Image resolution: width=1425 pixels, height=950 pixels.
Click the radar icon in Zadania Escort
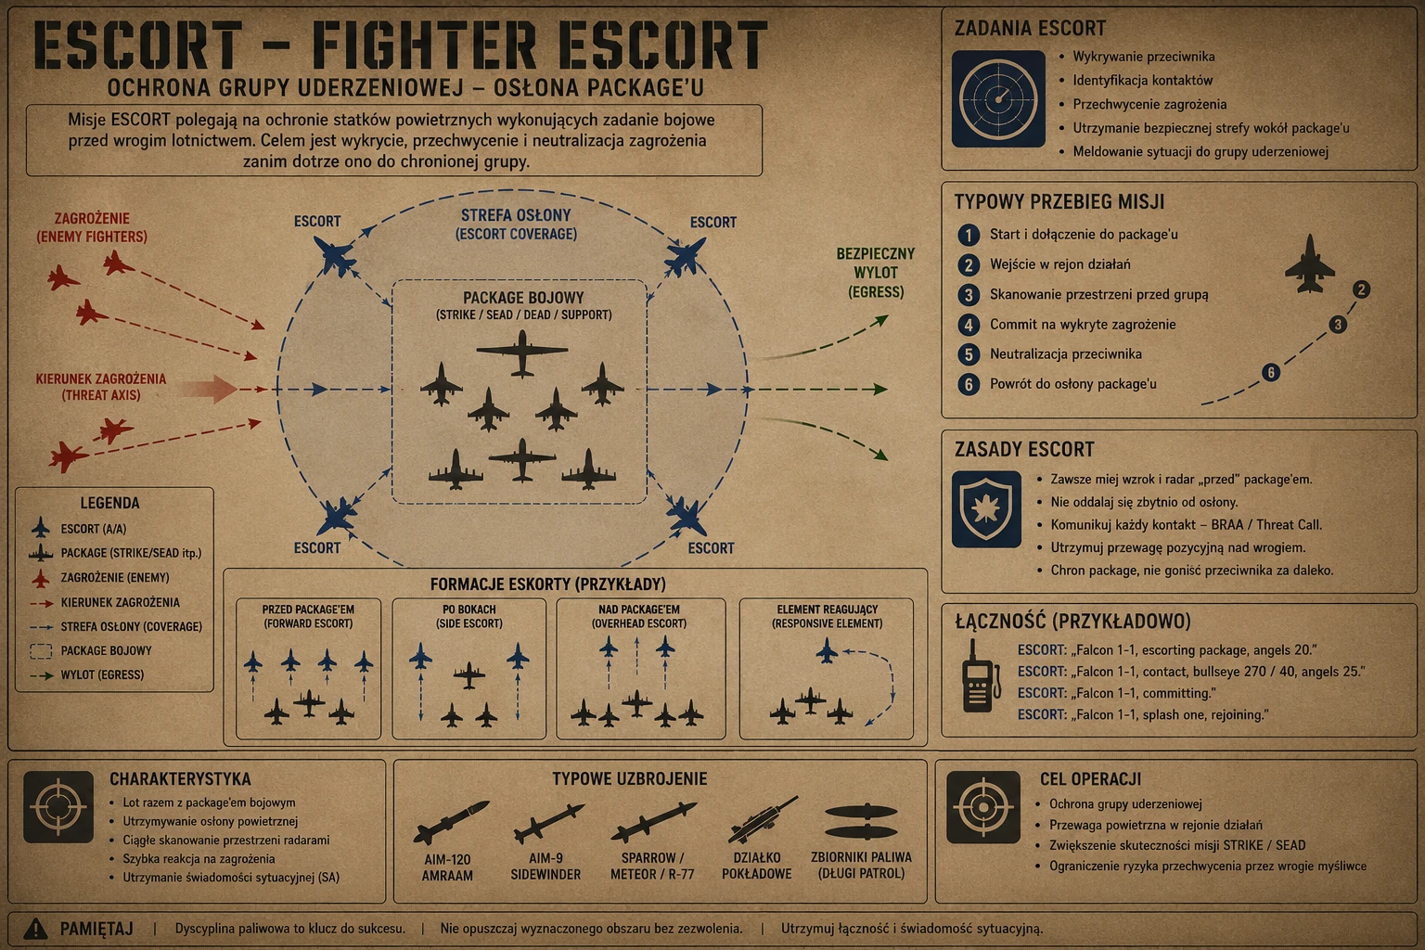(998, 99)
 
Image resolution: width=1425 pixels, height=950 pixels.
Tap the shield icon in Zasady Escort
(986, 509)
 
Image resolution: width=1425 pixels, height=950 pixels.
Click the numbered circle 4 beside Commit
(969, 325)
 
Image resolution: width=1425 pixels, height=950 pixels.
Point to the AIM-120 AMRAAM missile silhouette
(450, 821)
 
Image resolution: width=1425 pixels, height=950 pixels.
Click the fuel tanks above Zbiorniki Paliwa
(861, 821)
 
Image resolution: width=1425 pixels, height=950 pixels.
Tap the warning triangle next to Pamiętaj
(35, 929)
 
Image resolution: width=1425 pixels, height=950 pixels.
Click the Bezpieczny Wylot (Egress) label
(876, 273)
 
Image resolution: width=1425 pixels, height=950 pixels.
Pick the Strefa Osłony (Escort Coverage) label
(516, 225)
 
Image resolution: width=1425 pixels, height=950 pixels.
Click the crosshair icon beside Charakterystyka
(58, 807)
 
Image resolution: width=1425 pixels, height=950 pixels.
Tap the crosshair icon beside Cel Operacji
(982, 807)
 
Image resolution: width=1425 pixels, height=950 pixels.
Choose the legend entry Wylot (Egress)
(102, 674)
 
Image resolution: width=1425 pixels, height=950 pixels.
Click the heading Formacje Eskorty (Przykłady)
(547, 584)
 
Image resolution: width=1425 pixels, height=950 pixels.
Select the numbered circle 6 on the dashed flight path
(1270, 372)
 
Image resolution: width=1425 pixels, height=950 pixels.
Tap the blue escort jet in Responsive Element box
(827, 651)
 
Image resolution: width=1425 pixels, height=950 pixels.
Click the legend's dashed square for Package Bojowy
(41, 651)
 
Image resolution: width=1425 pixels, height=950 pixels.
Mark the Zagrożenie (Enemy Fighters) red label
(92, 228)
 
